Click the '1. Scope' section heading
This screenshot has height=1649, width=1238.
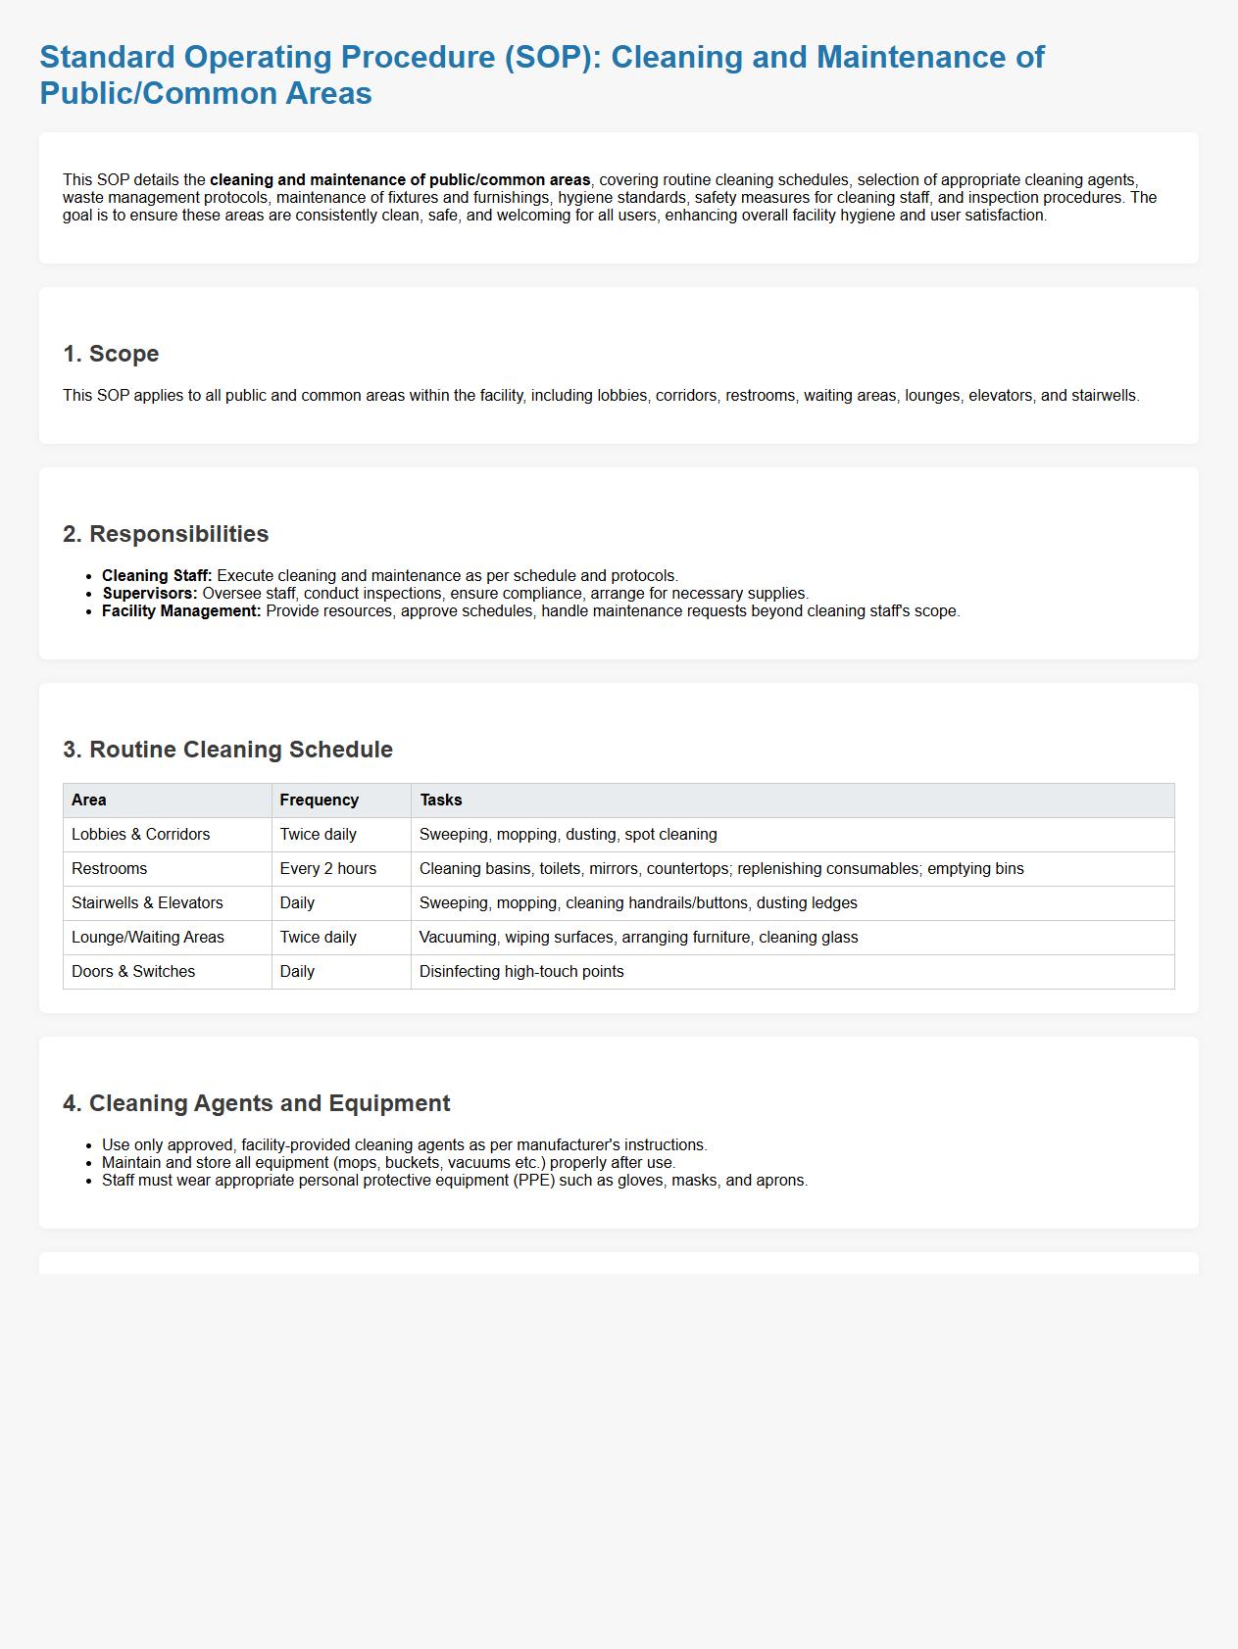[111, 354]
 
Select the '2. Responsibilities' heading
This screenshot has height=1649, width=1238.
[166, 534]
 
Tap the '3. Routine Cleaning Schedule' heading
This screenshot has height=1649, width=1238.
[227, 750]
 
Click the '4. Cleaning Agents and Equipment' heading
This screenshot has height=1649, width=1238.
[256, 1103]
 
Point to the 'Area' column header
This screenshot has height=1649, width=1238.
[89, 800]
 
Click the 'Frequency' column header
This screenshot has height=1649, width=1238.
[320, 800]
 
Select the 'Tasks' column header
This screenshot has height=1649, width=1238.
[441, 800]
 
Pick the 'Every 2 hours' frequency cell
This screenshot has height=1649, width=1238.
[328, 869]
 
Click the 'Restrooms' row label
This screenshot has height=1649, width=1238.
[110, 869]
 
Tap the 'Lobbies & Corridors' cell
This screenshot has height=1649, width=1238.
[141, 835]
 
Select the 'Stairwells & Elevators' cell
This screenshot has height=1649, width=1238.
[147, 903]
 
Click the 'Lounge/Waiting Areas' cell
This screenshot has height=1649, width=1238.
[148, 938]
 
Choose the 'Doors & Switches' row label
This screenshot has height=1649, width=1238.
[133, 972]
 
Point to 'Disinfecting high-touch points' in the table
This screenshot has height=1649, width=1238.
[521, 972]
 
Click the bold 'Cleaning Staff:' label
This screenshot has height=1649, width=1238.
[157, 576]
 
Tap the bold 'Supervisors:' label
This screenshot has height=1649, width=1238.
[150, 594]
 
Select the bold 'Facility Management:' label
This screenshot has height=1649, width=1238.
[181, 611]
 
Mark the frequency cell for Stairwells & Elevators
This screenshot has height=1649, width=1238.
[298, 903]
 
